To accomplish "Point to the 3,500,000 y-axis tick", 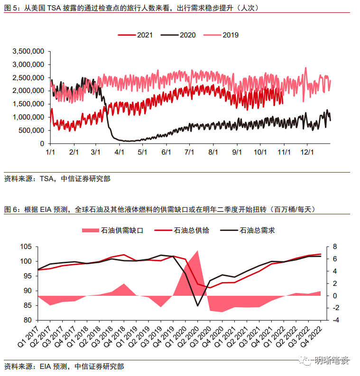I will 28,51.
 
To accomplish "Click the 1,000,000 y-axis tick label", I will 28,117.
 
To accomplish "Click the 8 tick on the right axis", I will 334,247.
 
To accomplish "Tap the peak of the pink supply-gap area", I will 197,250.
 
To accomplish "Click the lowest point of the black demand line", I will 198,306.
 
